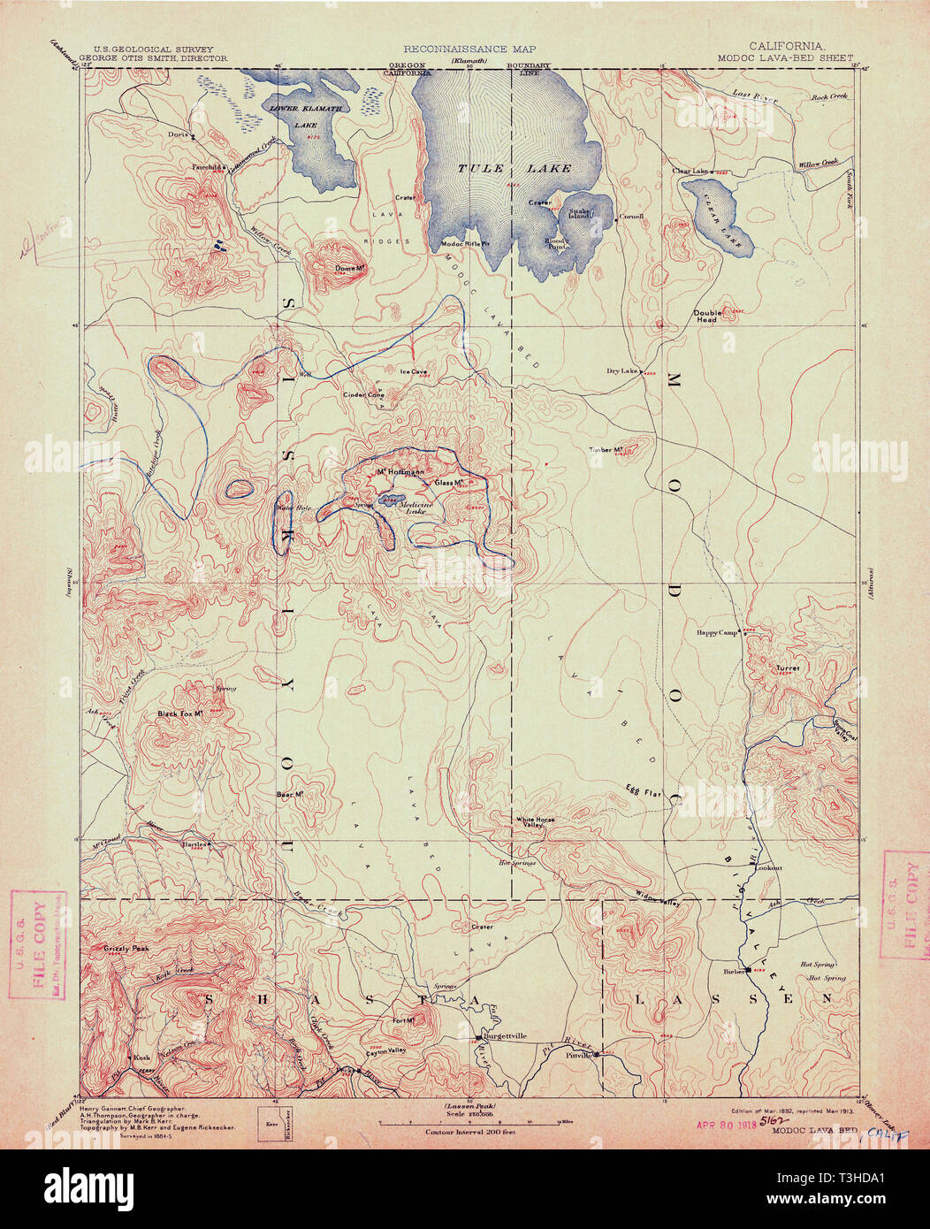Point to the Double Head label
click(706, 316)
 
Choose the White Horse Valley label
click(536, 822)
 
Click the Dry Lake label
click(622, 370)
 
